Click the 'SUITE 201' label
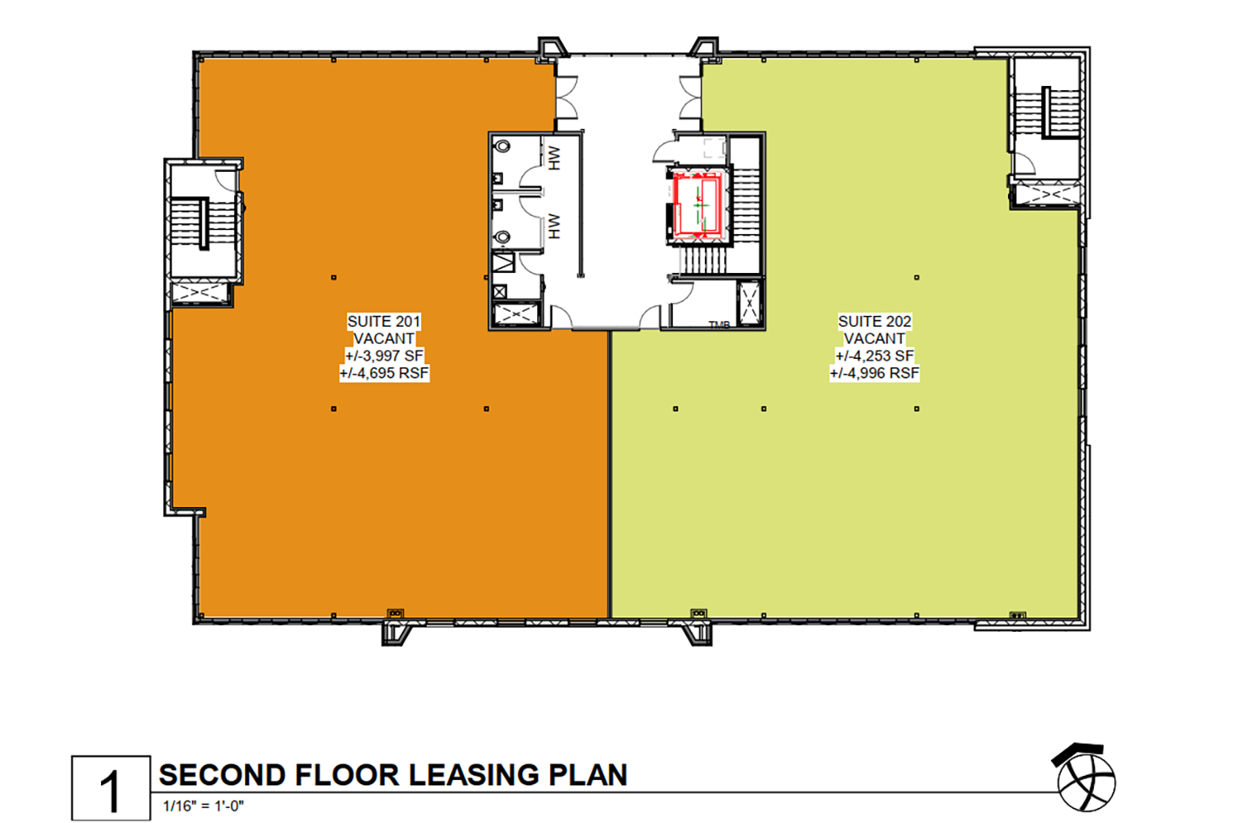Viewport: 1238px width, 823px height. point(383,321)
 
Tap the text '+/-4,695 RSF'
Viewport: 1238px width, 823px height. point(384,373)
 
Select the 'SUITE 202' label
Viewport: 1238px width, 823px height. point(874,321)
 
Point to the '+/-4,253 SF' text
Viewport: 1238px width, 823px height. point(874,355)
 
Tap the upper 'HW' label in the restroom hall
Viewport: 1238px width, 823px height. point(554,158)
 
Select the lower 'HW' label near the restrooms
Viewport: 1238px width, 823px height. point(554,226)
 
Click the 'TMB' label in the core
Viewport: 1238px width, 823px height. point(719,325)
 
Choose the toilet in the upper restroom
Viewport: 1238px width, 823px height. point(502,147)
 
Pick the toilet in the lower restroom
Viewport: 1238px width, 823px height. point(502,237)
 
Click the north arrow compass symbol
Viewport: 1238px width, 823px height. point(1085,779)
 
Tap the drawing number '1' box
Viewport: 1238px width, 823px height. point(111,788)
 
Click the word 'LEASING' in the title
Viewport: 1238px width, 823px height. point(473,775)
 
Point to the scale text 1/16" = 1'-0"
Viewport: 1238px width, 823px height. point(204,806)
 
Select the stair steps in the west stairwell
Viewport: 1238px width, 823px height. point(205,223)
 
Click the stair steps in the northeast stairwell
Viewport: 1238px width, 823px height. point(1047,113)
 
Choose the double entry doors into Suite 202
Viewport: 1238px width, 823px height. point(691,97)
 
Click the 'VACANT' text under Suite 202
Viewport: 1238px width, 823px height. point(874,339)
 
